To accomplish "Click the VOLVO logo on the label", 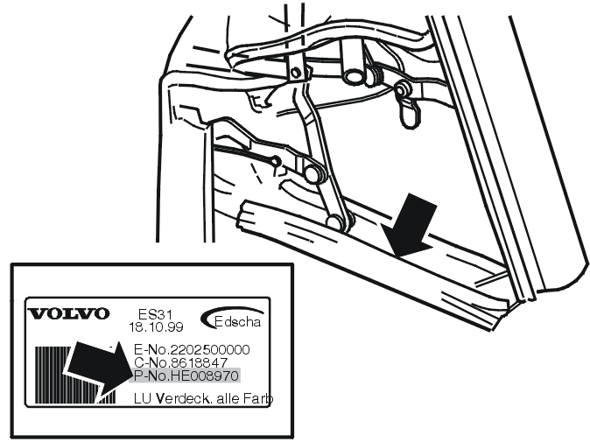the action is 69,313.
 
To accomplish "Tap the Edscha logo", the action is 232,319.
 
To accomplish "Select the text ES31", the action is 155,314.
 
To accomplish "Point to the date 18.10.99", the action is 156,326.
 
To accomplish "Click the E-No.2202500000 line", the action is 192,349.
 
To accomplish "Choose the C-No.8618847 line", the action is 180,362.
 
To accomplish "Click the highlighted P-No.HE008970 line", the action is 186,375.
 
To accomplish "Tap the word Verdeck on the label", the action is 181,398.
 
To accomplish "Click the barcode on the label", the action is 75,375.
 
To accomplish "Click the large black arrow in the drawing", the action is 412,228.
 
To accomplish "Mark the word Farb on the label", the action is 257,398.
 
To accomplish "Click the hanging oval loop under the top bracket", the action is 410,113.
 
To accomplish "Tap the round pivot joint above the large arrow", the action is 335,222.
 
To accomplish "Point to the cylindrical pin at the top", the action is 352,62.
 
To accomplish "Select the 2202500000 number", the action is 210,349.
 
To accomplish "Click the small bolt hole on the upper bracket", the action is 295,72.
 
